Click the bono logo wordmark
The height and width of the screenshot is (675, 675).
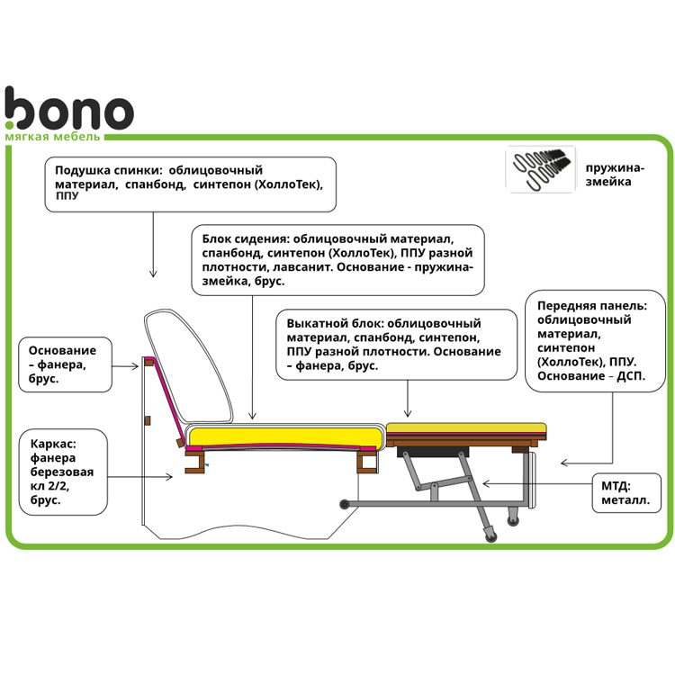coord(69,108)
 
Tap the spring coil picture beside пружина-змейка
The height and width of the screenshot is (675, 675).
coord(541,169)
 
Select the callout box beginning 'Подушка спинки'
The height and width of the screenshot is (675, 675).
coord(190,184)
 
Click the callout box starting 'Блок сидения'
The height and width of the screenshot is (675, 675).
coord(337,260)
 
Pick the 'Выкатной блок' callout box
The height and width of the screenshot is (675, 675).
coord(397,345)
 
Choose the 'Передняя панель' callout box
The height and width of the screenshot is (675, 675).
coord(595,341)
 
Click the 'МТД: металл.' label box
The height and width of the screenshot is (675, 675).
coord(626,493)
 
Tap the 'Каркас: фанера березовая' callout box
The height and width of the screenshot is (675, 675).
coord(63,472)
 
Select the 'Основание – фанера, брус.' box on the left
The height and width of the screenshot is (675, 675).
coord(65,364)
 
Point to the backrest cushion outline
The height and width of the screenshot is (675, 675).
coord(189,366)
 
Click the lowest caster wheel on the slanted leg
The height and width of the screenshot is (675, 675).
coord(491,536)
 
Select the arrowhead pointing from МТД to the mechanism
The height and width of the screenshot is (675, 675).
coord(487,484)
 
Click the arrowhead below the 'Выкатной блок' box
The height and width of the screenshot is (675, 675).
coord(408,413)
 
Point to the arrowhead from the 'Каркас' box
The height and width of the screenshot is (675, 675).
coord(169,476)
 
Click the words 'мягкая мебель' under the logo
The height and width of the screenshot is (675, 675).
coord(52,137)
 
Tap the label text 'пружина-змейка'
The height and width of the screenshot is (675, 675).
coord(615,175)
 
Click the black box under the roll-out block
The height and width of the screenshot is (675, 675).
coord(433,452)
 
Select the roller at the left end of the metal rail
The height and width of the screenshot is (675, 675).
coord(345,504)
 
